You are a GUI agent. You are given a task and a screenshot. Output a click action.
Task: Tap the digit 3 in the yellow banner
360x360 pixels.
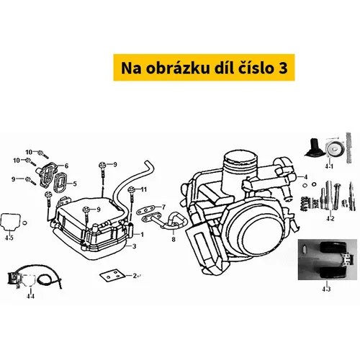click(x=283, y=68)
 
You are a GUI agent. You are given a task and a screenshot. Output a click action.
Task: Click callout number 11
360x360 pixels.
click(x=143, y=189)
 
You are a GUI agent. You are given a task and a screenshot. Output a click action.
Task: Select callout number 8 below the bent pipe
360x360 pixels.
click(x=174, y=239)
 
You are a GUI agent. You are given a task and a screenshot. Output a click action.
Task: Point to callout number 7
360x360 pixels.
click(x=163, y=207)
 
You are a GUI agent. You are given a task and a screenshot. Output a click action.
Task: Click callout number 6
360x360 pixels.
click(x=66, y=166)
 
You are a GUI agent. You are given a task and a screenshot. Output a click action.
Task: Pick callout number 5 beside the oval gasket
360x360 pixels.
click(x=75, y=184)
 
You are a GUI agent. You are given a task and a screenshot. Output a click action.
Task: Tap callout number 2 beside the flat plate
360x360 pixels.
click(x=135, y=276)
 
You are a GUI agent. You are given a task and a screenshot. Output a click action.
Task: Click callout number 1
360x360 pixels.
click(x=142, y=235)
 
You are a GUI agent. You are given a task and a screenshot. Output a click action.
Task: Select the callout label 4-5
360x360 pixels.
click(x=9, y=238)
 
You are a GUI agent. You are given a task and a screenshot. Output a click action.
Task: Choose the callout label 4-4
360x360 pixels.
click(x=30, y=296)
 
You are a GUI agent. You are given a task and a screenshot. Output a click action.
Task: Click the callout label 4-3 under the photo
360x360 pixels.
click(x=326, y=289)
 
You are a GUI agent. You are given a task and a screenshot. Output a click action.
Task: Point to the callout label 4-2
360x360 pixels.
click(x=330, y=219)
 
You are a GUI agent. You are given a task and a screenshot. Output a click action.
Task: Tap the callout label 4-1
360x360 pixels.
click(x=329, y=166)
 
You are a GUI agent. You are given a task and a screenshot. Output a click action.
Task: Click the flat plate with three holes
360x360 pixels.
click(x=112, y=275)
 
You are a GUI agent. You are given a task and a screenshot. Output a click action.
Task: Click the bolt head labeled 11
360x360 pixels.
click(x=131, y=189)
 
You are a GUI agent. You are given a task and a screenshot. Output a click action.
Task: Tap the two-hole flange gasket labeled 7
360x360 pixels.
click(x=145, y=210)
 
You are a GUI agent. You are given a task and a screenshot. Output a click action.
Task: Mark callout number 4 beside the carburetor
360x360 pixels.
click(x=305, y=177)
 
